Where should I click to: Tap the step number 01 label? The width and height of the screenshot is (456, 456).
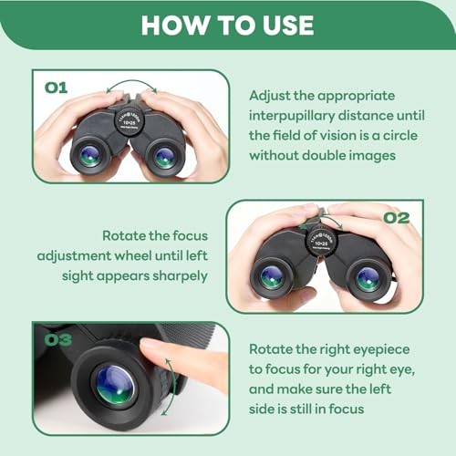[57, 88]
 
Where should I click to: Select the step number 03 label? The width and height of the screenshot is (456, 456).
[57, 341]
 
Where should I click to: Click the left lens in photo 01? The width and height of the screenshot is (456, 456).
[90, 155]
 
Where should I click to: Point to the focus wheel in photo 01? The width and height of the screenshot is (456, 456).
[128, 120]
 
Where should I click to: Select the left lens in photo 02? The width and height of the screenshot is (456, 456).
[272, 276]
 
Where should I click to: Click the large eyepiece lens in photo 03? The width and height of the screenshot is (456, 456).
[115, 385]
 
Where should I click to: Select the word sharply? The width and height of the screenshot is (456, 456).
[182, 274]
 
